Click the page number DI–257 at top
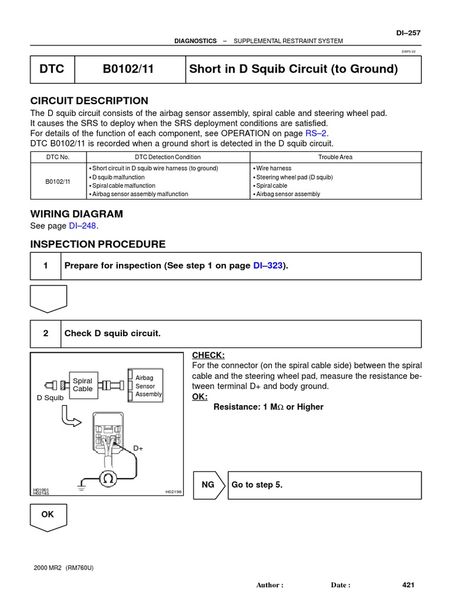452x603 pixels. [410, 33]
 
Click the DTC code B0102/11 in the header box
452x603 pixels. [128, 69]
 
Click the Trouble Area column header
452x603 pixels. [335, 157]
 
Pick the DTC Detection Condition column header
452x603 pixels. [168, 157]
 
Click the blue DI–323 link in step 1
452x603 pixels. [268, 266]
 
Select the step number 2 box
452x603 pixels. [45, 333]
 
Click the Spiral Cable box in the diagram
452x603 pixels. [82, 385]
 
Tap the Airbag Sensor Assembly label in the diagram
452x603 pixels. [148, 386]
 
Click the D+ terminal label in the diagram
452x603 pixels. [138, 448]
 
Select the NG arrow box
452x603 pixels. [210, 485]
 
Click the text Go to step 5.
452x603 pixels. [257, 485]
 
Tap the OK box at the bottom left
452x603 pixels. [48, 515]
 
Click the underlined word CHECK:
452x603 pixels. [208, 355]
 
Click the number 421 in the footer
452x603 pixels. [408, 585]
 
